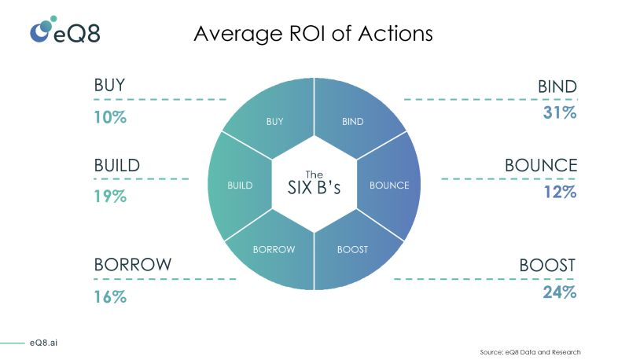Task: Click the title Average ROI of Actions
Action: point(313,34)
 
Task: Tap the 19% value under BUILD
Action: point(110,196)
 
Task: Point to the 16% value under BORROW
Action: point(110,296)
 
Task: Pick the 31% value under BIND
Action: point(559,113)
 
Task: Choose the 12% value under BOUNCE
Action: point(559,193)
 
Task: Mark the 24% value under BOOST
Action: point(559,292)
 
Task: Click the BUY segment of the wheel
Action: point(271,118)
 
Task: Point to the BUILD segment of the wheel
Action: point(237,186)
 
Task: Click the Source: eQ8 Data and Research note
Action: point(530,351)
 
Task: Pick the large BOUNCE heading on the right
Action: point(540,166)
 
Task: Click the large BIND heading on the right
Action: point(557,86)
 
